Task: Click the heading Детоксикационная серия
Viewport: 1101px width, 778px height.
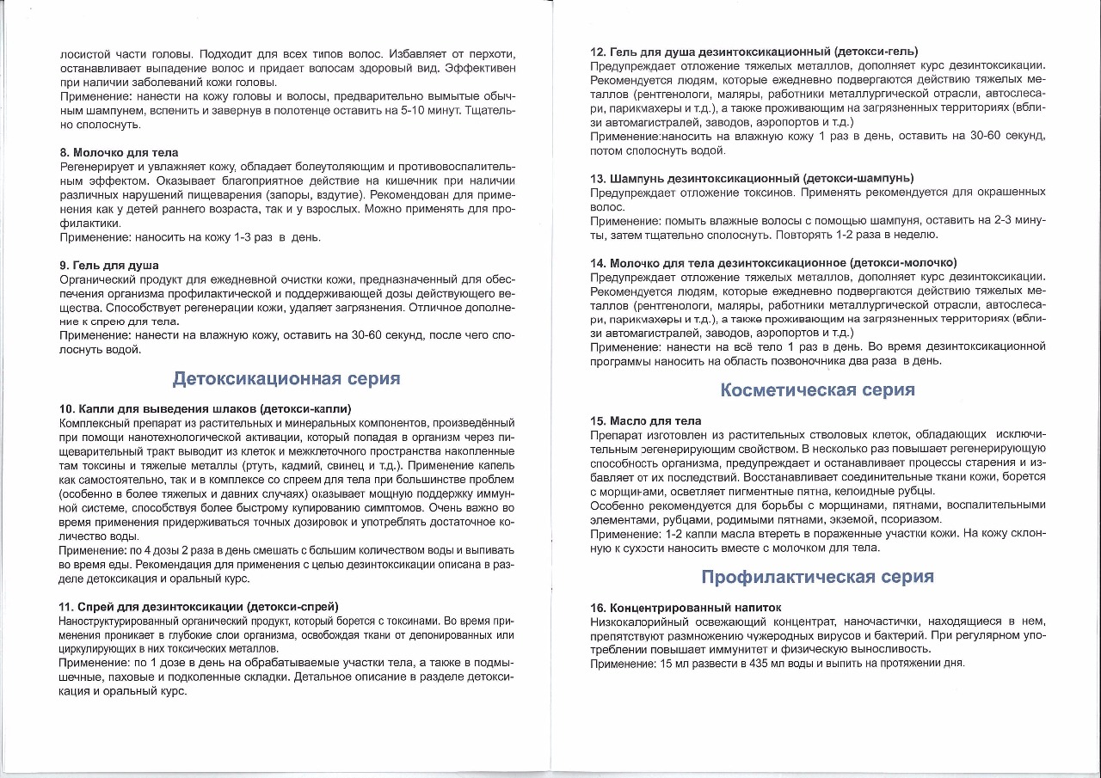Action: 286,379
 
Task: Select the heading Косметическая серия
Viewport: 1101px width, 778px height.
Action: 817,390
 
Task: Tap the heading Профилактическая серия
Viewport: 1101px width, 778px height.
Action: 817,577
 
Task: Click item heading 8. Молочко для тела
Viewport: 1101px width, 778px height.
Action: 119,152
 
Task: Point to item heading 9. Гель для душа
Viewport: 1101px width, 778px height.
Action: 109,265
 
